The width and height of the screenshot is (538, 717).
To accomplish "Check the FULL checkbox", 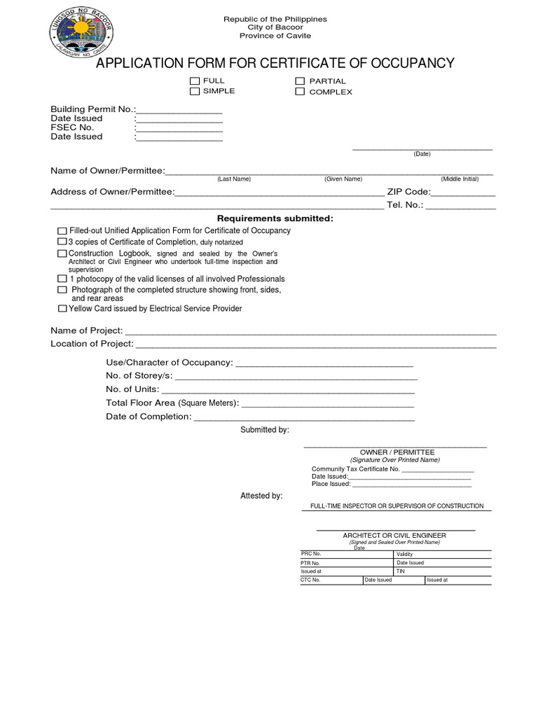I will click(195, 82).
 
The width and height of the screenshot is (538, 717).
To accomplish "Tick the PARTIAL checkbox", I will click(300, 82).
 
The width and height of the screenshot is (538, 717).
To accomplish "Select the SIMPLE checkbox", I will click(195, 92).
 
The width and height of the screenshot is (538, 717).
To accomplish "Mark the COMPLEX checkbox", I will click(300, 92).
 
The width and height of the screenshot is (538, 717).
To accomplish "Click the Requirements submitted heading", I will click(275, 219).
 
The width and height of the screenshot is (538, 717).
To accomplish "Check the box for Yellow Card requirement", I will click(63, 309).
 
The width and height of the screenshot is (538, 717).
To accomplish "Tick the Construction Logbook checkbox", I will click(62, 253).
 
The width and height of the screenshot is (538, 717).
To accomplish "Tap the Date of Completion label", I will click(149, 417).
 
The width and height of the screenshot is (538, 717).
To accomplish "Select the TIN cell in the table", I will click(443, 571).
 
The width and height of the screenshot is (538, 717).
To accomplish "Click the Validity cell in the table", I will click(443, 554).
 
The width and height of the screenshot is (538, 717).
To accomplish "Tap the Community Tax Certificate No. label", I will click(355, 469).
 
